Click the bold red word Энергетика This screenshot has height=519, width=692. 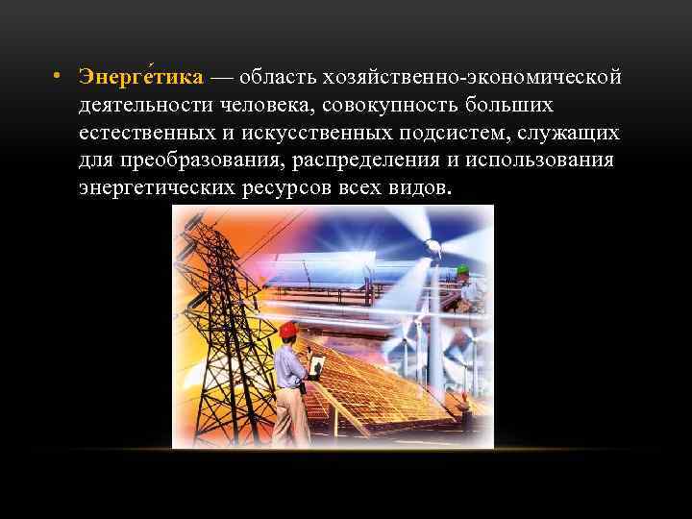tap(140, 76)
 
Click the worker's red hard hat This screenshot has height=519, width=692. tap(287, 330)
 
